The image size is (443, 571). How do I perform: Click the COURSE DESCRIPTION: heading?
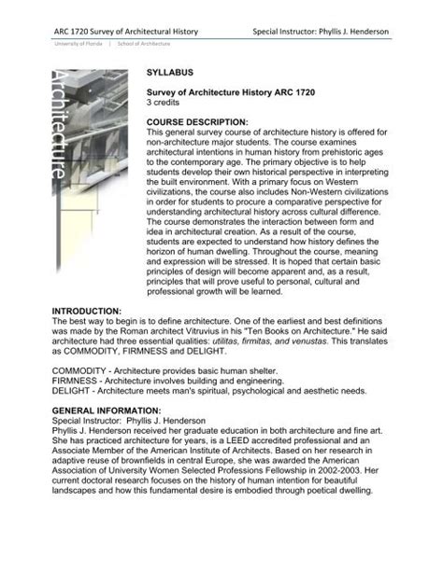coord(197,122)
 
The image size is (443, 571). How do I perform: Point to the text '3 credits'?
coord(166,104)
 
